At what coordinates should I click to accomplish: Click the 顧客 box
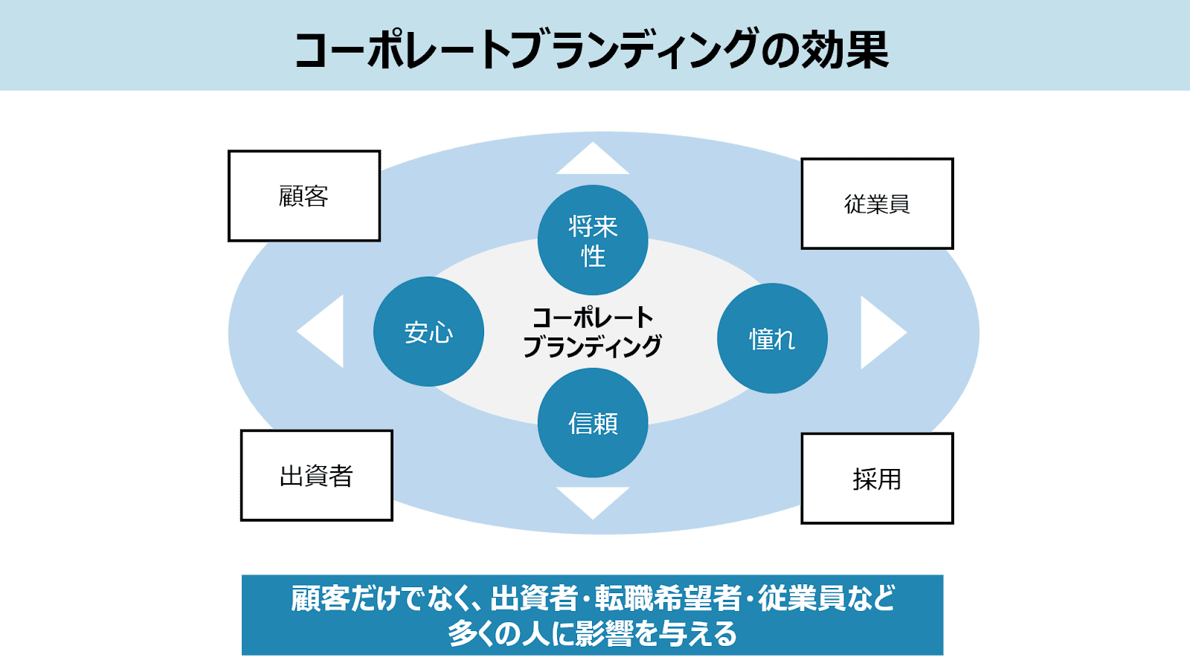tap(304, 196)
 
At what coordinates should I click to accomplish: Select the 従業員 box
tap(877, 204)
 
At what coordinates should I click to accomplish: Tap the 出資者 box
tap(317, 475)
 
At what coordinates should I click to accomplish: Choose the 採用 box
tap(877, 479)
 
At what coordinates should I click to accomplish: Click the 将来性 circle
tap(593, 240)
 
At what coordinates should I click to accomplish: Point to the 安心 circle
tap(428, 332)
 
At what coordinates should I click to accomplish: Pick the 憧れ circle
tap(773, 338)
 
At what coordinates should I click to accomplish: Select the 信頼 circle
tap(593, 423)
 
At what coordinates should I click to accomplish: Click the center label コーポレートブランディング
tap(592, 332)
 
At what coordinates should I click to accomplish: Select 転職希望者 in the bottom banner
tap(668, 598)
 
